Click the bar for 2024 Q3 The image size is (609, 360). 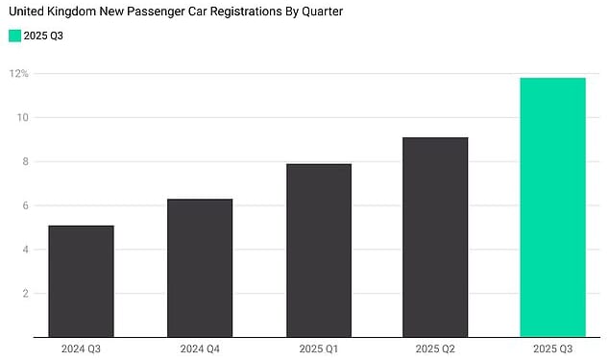pyautogui.click(x=81, y=281)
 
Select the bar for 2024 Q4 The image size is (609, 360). pyautogui.click(x=200, y=268)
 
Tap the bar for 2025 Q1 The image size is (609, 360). pyautogui.click(x=319, y=251)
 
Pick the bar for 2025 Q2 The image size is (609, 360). pyautogui.click(x=435, y=237)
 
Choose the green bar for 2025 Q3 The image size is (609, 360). pyautogui.click(x=552, y=207)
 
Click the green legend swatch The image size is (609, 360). pyautogui.click(x=14, y=36)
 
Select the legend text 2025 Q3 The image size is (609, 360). pyautogui.click(x=43, y=36)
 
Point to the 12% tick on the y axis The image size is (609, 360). pyautogui.click(x=19, y=74)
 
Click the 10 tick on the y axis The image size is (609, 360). pyautogui.click(x=23, y=118)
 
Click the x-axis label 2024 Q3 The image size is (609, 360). pyautogui.click(x=81, y=348)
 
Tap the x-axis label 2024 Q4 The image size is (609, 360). pyautogui.click(x=200, y=348)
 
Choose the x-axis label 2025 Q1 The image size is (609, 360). pyautogui.click(x=319, y=348)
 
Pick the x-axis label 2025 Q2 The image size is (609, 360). pyautogui.click(x=435, y=348)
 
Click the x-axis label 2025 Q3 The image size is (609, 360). pyautogui.click(x=552, y=348)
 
